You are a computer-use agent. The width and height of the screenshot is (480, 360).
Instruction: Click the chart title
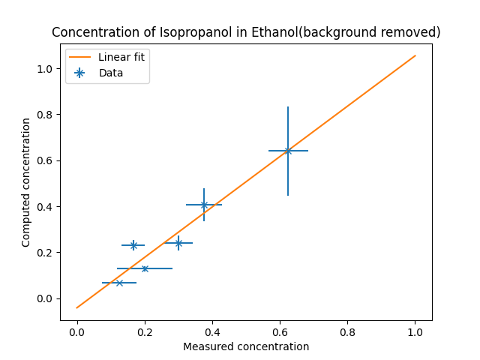coord(246,32)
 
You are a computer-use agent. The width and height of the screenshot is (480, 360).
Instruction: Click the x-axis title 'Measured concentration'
coord(246,346)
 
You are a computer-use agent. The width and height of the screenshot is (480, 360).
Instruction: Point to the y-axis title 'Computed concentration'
coord(26,182)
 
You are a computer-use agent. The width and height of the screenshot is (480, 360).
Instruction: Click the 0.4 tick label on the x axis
coord(212,332)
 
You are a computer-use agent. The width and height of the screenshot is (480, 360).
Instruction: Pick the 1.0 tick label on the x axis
coord(415,332)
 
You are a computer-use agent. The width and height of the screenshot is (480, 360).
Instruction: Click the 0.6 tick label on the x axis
coord(280,332)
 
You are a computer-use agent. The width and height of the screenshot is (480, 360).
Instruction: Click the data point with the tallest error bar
coord(288,151)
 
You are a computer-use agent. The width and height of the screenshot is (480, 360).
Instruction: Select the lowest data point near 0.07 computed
coord(119,283)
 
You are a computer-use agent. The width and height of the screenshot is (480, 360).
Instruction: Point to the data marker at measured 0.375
coord(204,205)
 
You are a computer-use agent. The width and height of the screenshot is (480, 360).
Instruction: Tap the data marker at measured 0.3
coord(178,243)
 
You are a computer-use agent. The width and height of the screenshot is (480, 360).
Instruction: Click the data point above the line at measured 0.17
coord(133,245)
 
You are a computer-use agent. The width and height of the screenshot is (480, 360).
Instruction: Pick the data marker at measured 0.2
coord(145,268)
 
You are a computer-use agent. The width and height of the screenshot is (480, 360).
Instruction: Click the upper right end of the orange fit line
coord(415,55)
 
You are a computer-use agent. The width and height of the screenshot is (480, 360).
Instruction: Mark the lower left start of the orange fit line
coord(77,307)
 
